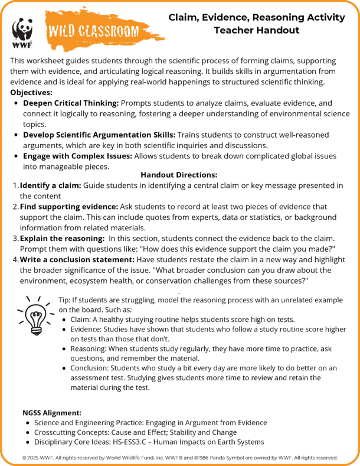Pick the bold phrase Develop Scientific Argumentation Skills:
click(99, 135)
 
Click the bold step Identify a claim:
click(50, 185)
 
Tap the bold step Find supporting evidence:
click(69, 207)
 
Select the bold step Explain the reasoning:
click(60, 239)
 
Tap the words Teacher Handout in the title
click(256, 31)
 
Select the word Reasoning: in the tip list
click(90, 348)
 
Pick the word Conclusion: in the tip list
click(92, 368)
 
